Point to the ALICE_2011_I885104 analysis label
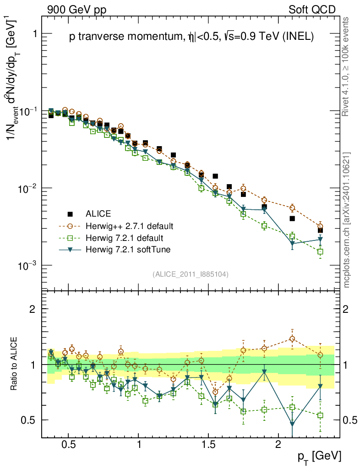(x=191, y=274)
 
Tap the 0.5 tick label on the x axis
(x=69, y=444)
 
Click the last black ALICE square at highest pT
(x=320, y=230)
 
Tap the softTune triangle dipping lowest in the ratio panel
(x=292, y=424)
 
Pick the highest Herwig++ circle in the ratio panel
(x=292, y=339)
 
